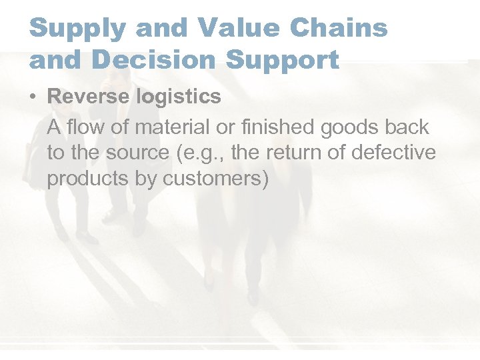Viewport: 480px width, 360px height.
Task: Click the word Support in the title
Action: coord(283,59)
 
